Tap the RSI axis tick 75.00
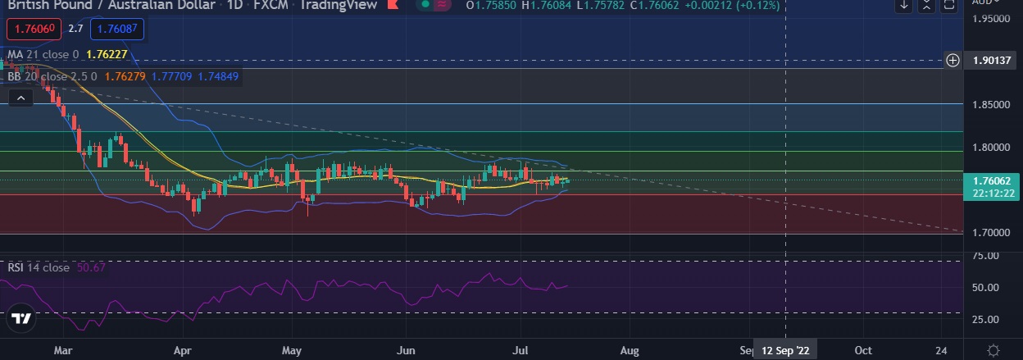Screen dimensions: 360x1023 click(986, 256)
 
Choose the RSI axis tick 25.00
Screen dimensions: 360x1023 click(986, 320)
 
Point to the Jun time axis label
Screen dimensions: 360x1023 click(404, 349)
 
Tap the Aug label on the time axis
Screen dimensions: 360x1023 click(630, 349)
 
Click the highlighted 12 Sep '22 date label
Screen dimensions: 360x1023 click(784, 349)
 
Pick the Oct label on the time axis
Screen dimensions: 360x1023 click(863, 349)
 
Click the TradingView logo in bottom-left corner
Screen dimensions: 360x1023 click(22, 319)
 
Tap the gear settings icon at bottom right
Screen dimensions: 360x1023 click(993, 350)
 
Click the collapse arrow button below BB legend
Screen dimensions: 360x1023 click(20, 98)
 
